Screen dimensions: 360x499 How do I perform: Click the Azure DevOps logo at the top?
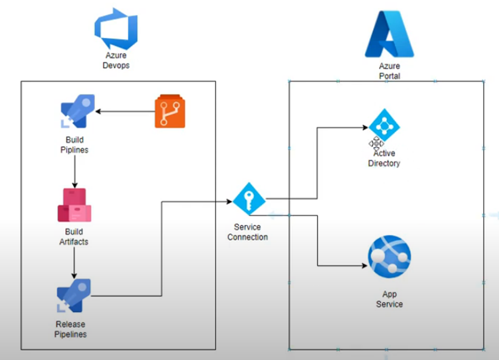pyautogui.click(x=115, y=29)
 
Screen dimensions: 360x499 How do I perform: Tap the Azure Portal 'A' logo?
pyautogui.click(x=390, y=34)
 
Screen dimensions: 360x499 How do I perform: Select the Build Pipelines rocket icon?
pyautogui.click(x=77, y=111)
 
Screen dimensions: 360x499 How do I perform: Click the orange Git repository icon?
pyautogui.click(x=170, y=112)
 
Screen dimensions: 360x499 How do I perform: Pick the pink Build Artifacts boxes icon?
pyautogui.click(x=74, y=205)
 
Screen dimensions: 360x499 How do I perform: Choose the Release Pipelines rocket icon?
pyautogui.click(x=74, y=296)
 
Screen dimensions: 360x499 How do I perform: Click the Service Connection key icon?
pyautogui.click(x=249, y=198)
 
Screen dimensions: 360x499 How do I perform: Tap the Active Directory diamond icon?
pyautogui.click(x=384, y=125)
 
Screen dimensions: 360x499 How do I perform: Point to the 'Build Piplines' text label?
pyautogui.click(x=74, y=145)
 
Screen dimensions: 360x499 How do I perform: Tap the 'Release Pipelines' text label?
pyautogui.click(x=71, y=329)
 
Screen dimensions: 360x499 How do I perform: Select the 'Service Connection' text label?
pyautogui.click(x=247, y=232)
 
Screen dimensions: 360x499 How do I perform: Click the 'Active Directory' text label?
pyautogui.click(x=384, y=158)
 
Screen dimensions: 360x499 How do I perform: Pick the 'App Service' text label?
pyautogui.click(x=389, y=299)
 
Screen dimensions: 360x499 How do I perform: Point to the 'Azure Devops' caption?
pyautogui.click(x=116, y=60)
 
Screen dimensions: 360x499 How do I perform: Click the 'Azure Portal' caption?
pyautogui.click(x=390, y=71)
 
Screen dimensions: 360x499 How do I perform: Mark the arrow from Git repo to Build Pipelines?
pyautogui.click(x=125, y=112)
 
